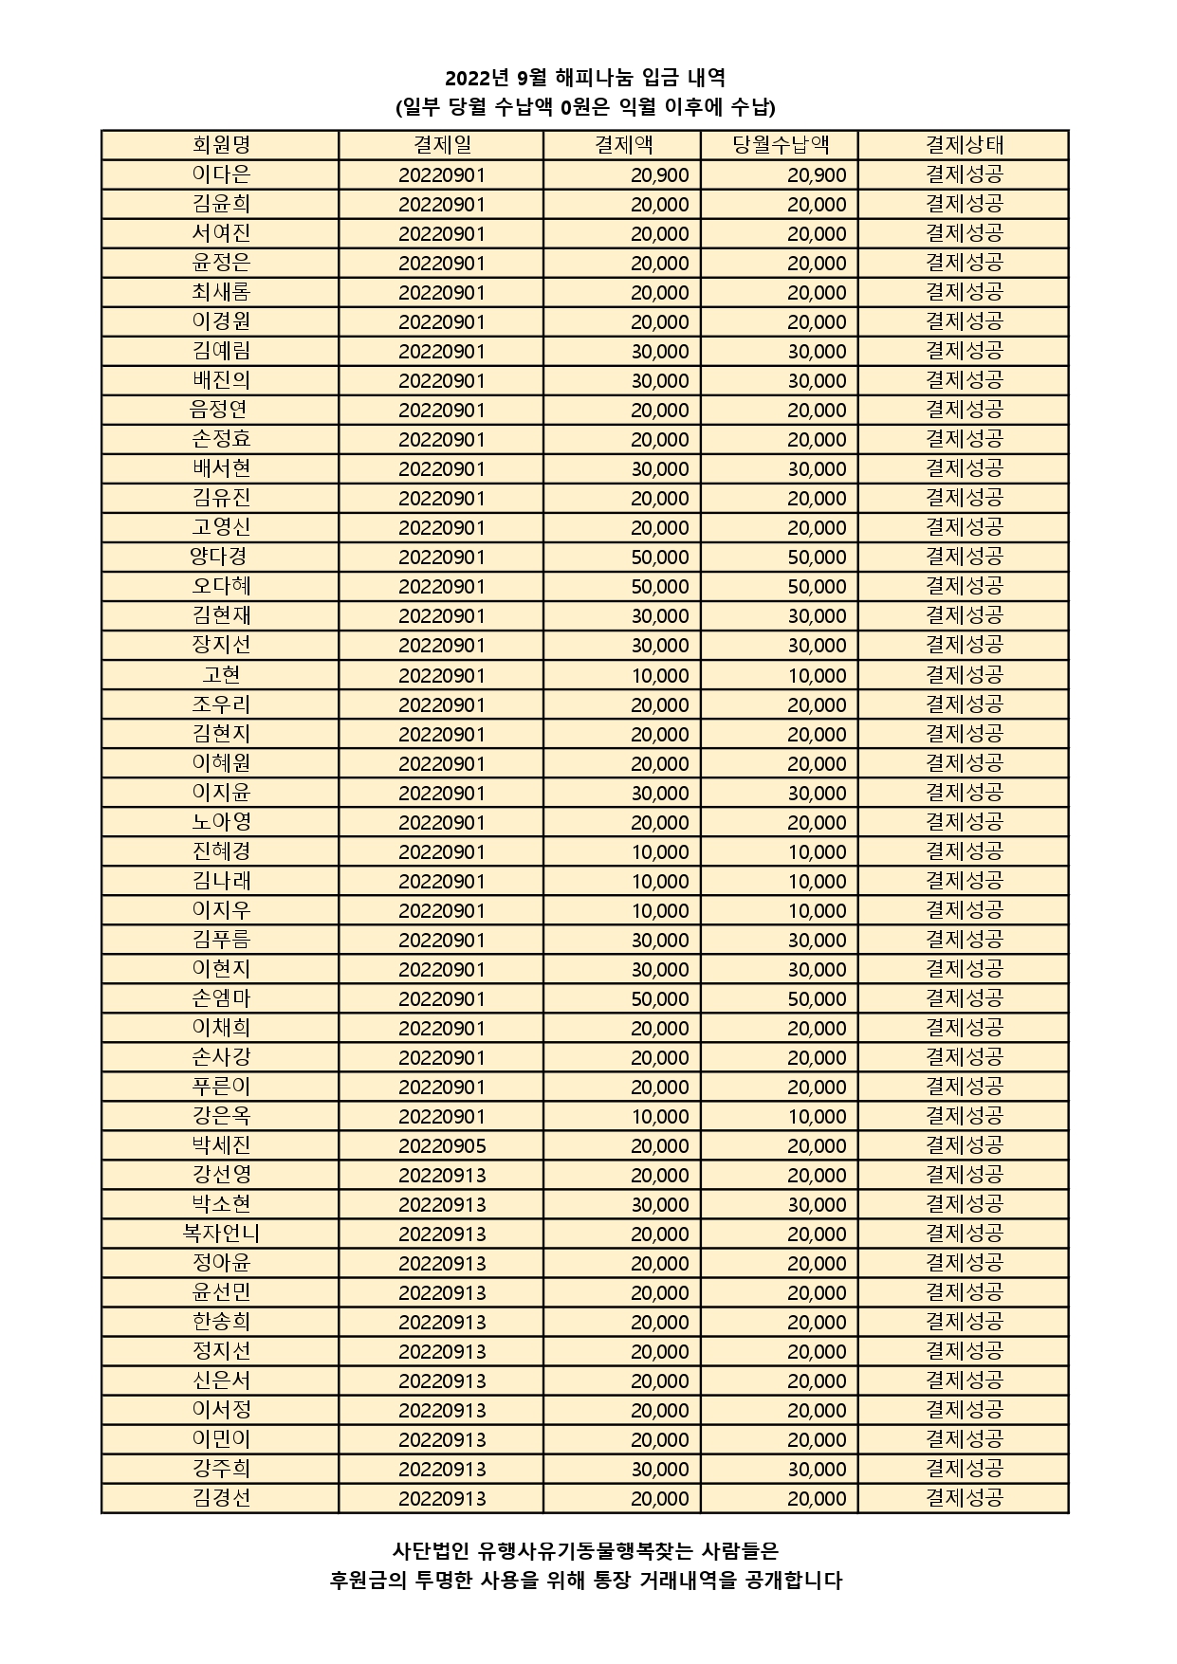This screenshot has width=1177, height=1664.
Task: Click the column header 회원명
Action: click(220, 145)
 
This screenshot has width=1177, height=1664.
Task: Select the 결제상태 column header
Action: click(964, 145)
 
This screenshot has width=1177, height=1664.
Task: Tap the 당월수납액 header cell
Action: click(780, 145)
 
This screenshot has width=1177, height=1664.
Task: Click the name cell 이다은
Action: click(220, 174)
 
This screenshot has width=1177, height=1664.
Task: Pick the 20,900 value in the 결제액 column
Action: click(659, 175)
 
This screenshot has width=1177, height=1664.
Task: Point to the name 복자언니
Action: click(220, 1234)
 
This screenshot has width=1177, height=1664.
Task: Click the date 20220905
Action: click(442, 1145)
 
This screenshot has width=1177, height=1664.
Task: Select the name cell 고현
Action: click(220, 675)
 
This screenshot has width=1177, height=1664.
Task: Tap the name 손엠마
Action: click(220, 998)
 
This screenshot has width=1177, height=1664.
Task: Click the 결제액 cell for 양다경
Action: click(659, 558)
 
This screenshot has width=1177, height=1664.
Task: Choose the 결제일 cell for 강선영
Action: click(442, 1175)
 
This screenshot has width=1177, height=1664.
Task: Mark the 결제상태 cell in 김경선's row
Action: click(964, 1498)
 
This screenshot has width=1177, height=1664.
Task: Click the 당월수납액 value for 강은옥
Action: click(817, 1116)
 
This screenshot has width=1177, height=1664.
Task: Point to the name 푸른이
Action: click(220, 1087)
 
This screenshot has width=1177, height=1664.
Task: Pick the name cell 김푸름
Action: click(220, 940)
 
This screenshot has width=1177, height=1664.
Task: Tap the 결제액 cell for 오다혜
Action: click(659, 587)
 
